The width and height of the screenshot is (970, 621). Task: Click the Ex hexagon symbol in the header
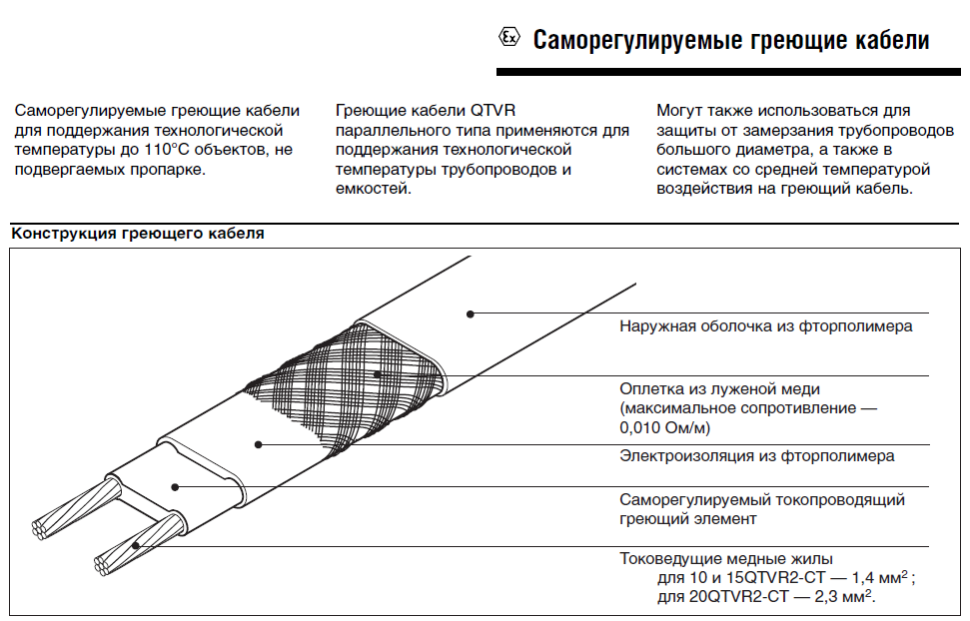point(509,39)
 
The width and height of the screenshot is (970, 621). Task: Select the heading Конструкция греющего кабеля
point(137,234)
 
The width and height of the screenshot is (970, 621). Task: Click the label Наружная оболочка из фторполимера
point(765,325)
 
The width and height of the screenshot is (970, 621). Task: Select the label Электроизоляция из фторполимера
point(756,456)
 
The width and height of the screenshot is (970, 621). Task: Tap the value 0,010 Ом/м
point(665,427)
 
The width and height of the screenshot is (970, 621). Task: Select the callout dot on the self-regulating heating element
point(174,487)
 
